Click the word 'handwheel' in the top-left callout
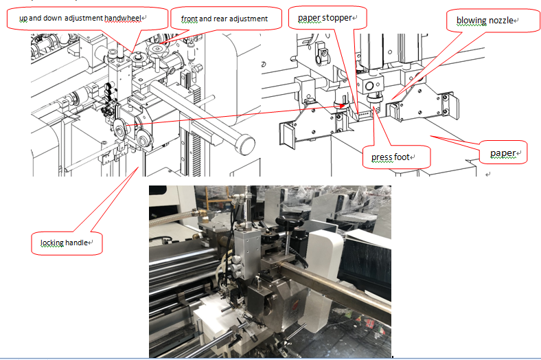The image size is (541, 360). [x=123, y=18]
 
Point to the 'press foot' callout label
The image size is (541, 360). [x=396, y=157]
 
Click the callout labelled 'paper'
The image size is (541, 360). [x=503, y=153]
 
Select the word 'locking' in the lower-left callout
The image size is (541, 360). [x=51, y=243]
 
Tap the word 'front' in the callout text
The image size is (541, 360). [x=189, y=19]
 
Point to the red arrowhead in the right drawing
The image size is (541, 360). [x=342, y=106]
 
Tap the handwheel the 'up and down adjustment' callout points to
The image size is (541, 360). [x=139, y=58]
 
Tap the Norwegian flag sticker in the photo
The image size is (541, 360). [x=370, y=324]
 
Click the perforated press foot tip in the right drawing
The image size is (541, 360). [x=377, y=109]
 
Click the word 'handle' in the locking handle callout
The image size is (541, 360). [x=76, y=243]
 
